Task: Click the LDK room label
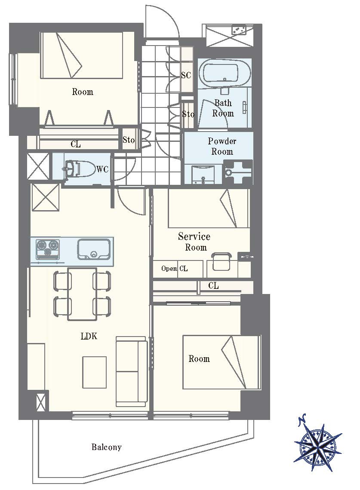89,336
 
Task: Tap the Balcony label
106,447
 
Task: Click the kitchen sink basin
94,249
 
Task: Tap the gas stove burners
48,249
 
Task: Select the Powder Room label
222,146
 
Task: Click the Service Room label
194,242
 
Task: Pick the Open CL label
175,269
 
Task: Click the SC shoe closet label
186,75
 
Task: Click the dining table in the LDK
82,294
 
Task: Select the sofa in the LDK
131,371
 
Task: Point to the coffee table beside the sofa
95,372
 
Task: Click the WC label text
102,169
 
